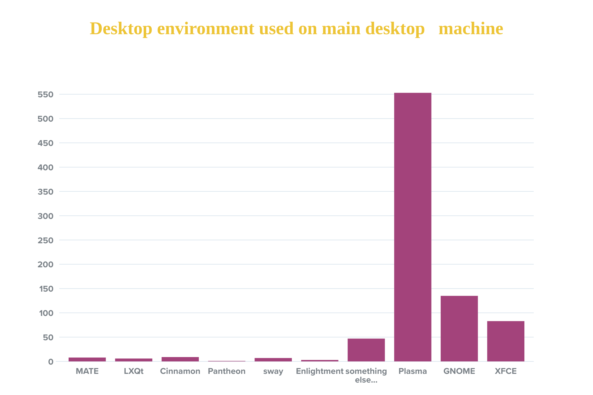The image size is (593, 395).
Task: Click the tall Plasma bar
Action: coord(413,227)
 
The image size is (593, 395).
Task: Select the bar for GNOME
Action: coord(459,328)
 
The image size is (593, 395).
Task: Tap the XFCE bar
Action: coord(506,341)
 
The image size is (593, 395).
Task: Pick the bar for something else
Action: coord(366,350)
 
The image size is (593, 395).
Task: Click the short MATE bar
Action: coord(87,359)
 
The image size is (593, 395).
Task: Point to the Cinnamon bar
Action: coord(180,359)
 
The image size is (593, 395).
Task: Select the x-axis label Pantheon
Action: coord(226,371)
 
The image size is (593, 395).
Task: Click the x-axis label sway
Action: coord(273,371)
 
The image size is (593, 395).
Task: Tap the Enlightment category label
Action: coord(319,371)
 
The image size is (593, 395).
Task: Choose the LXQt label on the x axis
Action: coord(133,371)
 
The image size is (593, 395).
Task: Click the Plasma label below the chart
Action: coord(413,371)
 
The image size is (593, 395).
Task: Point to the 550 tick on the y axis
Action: coord(45,94)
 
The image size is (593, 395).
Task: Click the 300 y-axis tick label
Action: coord(45,216)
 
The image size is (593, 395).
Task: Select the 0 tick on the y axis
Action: coord(51,362)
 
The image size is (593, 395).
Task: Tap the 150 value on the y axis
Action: coord(46,289)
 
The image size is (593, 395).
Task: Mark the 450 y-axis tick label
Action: coord(45,143)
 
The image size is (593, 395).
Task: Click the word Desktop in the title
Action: coord(121,29)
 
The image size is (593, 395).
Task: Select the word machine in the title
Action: coord(471,29)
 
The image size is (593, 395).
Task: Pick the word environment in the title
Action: coord(206,29)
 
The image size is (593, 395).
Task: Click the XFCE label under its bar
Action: coord(506,371)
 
